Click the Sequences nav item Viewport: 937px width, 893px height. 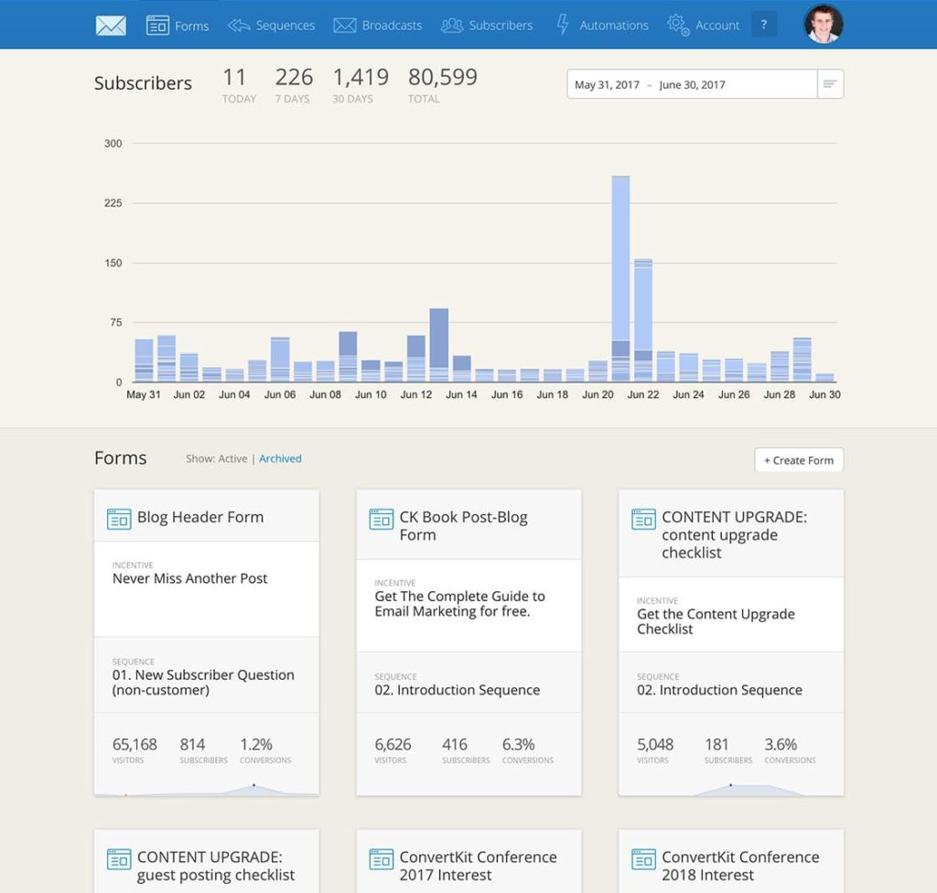[x=272, y=26]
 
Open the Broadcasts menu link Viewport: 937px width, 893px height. [x=378, y=26]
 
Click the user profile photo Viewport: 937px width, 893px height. [x=823, y=25]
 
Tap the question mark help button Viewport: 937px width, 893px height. [x=764, y=25]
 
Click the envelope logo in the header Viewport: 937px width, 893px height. [x=111, y=26]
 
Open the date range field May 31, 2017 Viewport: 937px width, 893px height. [x=692, y=84]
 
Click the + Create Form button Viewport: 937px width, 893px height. [x=799, y=460]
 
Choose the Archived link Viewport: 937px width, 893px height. [x=280, y=458]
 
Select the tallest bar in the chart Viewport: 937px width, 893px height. [x=620, y=274]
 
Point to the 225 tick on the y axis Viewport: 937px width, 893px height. [x=113, y=203]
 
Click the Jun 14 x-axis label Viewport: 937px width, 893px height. [x=461, y=394]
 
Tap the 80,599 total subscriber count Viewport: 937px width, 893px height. [x=443, y=78]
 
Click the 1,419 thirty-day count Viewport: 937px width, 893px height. [x=360, y=78]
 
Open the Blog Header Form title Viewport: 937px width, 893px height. [x=200, y=517]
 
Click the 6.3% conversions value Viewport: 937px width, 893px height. [x=519, y=744]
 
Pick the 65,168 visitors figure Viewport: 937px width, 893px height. [x=135, y=744]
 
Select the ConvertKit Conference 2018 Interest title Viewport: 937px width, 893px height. [x=740, y=866]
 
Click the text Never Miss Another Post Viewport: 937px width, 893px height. [x=190, y=578]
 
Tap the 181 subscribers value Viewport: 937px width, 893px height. [x=716, y=744]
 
